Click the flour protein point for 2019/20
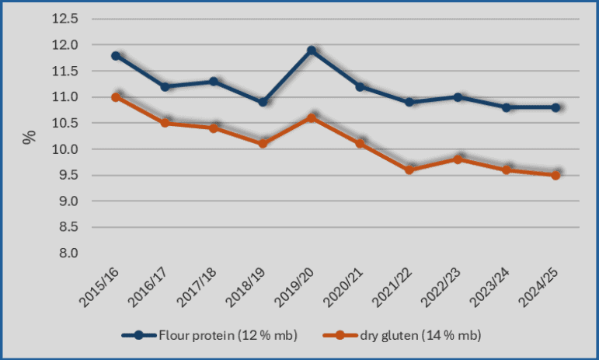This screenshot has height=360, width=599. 312,51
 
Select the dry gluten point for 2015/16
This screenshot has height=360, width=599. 115,97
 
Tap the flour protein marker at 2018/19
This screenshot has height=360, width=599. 263,102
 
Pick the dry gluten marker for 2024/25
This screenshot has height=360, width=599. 556,175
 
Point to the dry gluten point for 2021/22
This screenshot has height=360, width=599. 409,170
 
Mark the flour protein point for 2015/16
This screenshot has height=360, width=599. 115,56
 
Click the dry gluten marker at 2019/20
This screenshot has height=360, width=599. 312,118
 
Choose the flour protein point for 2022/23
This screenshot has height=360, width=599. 458,97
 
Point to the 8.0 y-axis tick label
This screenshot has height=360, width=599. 67,253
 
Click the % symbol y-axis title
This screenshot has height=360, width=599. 30,138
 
